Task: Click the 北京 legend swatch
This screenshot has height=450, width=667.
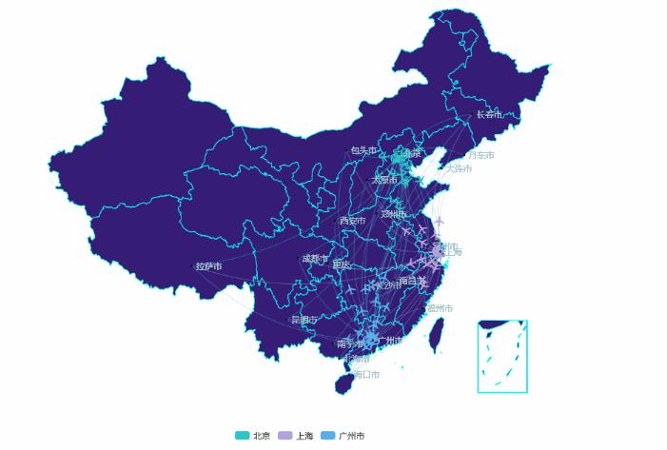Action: click(x=243, y=436)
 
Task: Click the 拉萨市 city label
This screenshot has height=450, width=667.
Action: click(x=208, y=266)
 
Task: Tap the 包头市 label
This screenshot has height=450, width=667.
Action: click(x=363, y=150)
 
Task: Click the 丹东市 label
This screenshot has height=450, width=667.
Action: click(x=481, y=155)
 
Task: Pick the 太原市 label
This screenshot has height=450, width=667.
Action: click(x=384, y=179)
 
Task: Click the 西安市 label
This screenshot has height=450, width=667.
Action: click(x=352, y=221)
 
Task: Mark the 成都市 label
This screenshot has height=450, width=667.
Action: click(x=315, y=259)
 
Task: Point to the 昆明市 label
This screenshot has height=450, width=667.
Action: click(x=304, y=320)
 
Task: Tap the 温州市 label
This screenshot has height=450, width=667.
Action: click(x=440, y=308)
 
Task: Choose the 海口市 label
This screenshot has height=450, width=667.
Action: click(x=366, y=374)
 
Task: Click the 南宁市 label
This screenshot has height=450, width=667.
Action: click(x=349, y=343)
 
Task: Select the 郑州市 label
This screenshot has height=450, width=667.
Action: click(x=393, y=214)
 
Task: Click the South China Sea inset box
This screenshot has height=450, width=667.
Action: click(x=502, y=357)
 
